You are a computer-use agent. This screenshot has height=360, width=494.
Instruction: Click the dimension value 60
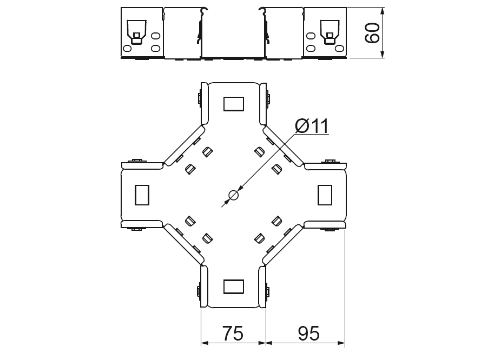[x=372, y=32]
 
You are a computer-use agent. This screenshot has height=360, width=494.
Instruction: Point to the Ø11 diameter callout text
[x=312, y=126]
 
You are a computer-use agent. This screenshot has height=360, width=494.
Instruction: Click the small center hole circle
[x=233, y=195]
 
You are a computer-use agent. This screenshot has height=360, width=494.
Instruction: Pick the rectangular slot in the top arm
[x=233, y=103]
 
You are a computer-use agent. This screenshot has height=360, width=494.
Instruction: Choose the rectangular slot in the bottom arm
[x=233, y=286]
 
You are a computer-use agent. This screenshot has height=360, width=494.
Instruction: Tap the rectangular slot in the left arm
[x=141, y=195]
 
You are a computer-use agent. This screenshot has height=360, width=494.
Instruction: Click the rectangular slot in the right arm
[x=325, y=195]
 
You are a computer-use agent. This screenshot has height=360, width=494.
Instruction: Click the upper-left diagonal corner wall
[x=183, y=144]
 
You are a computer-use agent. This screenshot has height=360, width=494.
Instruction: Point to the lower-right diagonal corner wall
[x=283, y=245]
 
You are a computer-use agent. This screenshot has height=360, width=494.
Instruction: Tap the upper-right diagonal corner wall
[x=283, y=144]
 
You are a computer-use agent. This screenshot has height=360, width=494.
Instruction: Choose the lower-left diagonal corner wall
[x=183, y=245]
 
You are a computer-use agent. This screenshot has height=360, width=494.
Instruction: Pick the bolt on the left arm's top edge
[x=136, y=161]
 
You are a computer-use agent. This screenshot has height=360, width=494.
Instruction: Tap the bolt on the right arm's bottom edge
[x=329, y=229]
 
